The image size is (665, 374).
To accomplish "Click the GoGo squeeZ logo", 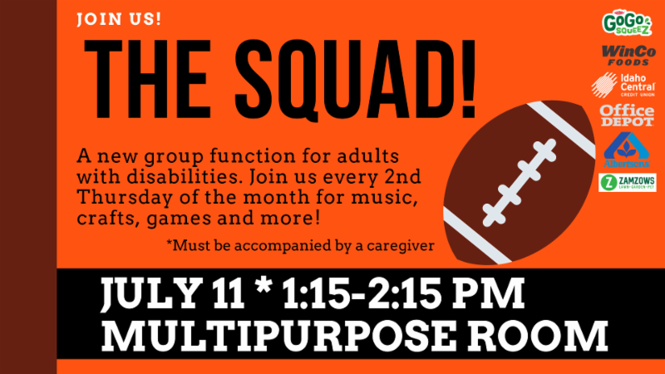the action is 627,23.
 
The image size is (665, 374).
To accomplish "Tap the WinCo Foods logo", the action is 628,56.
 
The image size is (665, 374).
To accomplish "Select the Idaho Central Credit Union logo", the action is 623,85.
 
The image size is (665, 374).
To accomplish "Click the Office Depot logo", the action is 627,116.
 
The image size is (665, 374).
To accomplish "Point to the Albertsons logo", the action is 627,150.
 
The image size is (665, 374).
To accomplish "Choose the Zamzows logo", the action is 628,182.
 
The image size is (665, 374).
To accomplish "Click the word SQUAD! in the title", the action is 356,79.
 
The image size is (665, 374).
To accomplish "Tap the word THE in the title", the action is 148,79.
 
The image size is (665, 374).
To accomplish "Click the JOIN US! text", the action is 119,19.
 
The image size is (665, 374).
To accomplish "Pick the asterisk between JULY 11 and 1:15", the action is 264,286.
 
